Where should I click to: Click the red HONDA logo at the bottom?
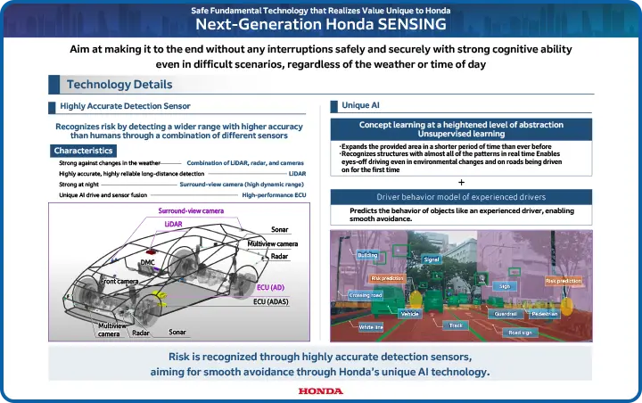pos(320,391)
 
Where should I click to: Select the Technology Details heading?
pos(119,85)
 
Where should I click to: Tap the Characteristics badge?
pos(82,151)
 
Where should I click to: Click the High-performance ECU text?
pos(274,194)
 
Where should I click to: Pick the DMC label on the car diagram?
pos(147,262)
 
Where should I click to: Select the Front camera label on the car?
pos(119,282)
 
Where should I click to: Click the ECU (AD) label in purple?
pos(270,288)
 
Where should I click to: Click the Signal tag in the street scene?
pos(432,259)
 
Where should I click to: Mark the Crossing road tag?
pos(366,295)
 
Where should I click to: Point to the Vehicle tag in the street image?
pos(410,314)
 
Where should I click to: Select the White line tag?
pos(371,327)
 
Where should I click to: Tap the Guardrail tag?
pos(506,314)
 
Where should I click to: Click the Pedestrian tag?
pos(544,314)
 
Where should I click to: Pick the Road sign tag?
pos(520,333)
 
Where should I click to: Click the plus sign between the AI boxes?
pos(461,182)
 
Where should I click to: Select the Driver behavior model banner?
pos(461,196)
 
